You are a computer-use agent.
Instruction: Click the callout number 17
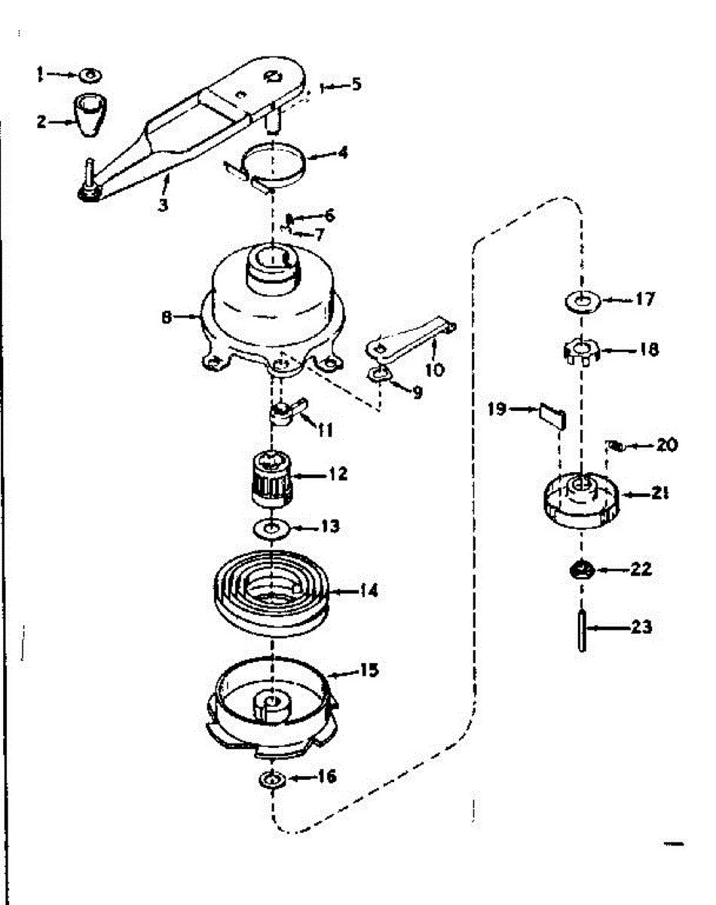644,299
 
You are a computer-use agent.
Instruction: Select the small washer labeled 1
90,74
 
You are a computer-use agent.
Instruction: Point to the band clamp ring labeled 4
274,164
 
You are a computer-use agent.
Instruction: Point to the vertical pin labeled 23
582,627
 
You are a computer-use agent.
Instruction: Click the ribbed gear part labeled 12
272,475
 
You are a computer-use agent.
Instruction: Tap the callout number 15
369,670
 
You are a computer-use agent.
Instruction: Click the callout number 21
660,494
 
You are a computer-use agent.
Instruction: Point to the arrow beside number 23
607,627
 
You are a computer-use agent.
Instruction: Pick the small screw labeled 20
615,446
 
